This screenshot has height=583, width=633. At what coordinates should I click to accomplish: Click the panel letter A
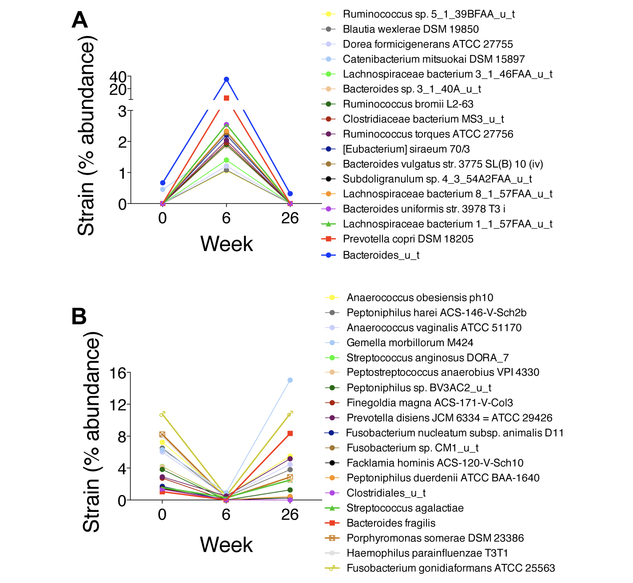point(80,20)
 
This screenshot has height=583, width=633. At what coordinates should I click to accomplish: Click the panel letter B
point(79,317)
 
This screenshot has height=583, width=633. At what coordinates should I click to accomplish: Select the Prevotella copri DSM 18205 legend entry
point(408,239)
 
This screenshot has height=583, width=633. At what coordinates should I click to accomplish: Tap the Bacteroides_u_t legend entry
point(381,255)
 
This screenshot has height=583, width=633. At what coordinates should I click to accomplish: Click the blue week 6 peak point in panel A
point(227,80)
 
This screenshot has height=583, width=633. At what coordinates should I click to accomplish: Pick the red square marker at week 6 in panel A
point(227,98)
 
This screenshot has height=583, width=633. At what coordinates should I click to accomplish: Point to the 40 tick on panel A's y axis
point(118,76)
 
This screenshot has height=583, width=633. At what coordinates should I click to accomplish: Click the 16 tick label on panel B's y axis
point(118,373)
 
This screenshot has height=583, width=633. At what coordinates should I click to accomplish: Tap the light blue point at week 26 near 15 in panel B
point(290,380)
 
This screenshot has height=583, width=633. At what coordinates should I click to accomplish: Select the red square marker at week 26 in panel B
point(290,434)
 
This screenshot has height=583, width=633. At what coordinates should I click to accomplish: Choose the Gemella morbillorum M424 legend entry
point(410,343)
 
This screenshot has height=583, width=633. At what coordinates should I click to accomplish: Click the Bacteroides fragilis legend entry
point(390,523)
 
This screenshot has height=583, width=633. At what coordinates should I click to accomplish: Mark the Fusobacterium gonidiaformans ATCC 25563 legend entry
point(450,568)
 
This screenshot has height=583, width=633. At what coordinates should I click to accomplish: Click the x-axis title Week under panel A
point(227,244)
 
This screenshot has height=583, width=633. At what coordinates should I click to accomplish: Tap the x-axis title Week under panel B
point(226,545)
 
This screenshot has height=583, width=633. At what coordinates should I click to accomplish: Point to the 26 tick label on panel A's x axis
point(290,218)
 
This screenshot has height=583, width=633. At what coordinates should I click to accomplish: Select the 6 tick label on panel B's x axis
point(226,515)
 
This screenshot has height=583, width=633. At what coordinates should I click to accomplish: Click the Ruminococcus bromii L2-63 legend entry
point(408,104)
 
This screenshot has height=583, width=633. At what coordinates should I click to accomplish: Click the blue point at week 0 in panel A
point(163,183)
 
